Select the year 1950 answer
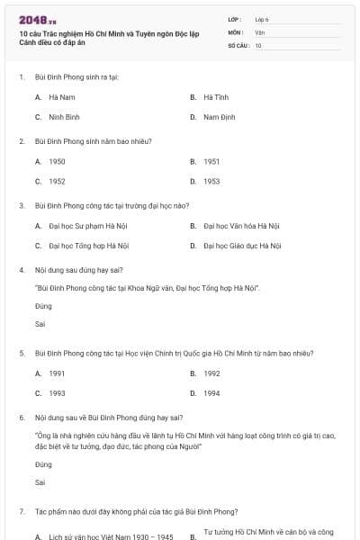tap(57, 161)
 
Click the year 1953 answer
tap(211, 181)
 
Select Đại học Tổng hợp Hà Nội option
tap(89, 245)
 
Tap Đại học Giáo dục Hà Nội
tap(242, 245)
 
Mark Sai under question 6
tap(40, 482)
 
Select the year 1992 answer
tap(211, 373)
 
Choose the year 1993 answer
tap(57, 393)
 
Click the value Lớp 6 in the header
tap(262, 19)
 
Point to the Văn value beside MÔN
tap(259, 31)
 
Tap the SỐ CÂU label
tap(238, 44)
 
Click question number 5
tap(21, 353)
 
